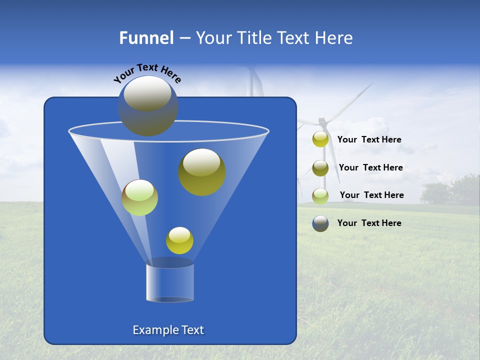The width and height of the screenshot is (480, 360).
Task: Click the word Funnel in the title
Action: pos(146,38)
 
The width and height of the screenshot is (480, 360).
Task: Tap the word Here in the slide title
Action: pos(334,38)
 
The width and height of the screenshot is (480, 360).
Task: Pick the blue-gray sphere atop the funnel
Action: pos(148,106)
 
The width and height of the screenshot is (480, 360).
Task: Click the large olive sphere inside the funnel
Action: pos(202,172)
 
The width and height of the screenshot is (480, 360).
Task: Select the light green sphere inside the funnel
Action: pos(140,197)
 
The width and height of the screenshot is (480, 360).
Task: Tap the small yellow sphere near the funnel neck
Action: pos(179,240)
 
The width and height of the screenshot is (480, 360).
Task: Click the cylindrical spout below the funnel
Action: pos(170,282)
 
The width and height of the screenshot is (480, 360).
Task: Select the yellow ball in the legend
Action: pos(320,139)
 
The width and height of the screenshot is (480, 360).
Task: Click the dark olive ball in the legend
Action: pos(320,168)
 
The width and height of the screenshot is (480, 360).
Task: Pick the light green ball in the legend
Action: pos(320,196)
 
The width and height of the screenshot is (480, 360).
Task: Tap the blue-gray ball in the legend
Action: pos(320,223)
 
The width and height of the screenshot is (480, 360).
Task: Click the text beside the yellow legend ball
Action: pos(369,140)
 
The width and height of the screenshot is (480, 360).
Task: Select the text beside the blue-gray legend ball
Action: pos(369,223)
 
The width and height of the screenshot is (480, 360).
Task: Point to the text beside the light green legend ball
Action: pos(371,195)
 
